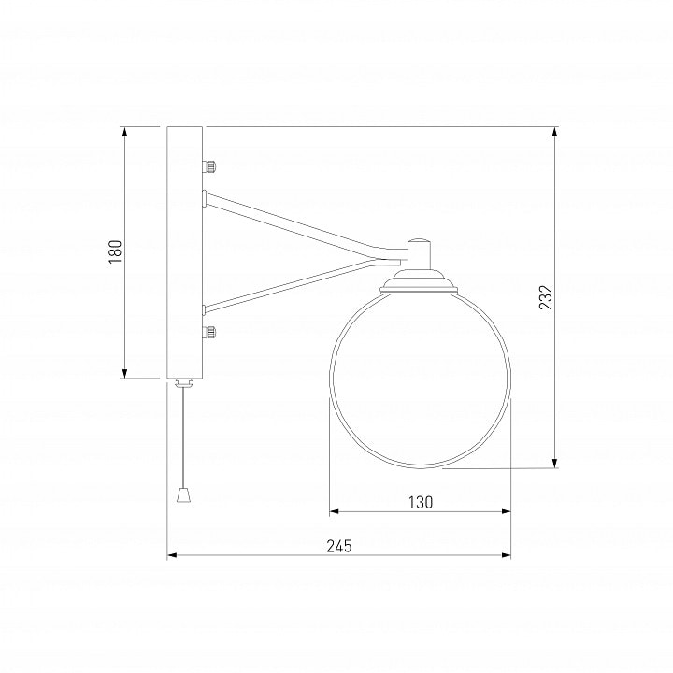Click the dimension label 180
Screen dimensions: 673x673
click(x=115, y=251)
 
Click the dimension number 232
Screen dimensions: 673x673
click(x=546, y=297)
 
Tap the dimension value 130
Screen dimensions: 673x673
click(x=421, y=502)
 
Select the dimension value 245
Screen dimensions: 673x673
click(x=339, y=546)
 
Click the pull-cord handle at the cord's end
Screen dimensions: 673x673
click(x=183, y=494)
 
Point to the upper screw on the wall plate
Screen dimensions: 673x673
click(x=209, y=165)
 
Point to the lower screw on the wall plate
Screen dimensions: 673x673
click(x=209, y=332)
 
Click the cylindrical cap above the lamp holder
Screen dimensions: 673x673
click(x=419, y=253)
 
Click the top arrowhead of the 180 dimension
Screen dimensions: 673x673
click(x=125, y=132)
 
